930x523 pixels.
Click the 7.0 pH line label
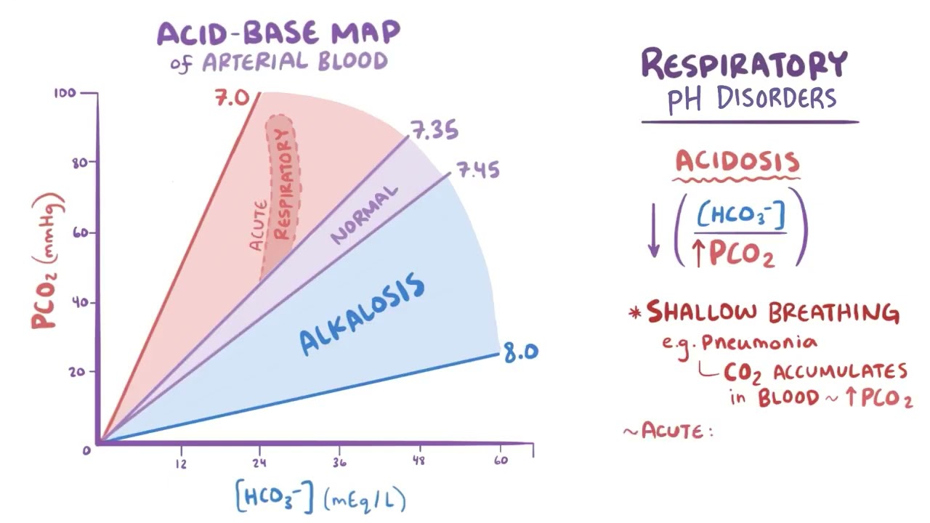coord(232,97)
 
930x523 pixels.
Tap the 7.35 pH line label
coord(434,131)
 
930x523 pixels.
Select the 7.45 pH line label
coord(477,171)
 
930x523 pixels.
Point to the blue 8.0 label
coord(520,353)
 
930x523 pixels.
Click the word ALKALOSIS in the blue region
coord(363,314)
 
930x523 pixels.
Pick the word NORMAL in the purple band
coord(365,215)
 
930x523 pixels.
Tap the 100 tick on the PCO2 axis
coord(65,94)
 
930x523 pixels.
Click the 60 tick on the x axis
coord(501,461)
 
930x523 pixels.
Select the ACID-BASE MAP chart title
coord(278,33)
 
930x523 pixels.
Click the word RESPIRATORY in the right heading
coord(744,64)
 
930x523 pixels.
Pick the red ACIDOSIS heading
coord(737,161)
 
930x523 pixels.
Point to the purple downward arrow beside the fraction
coord(653,230)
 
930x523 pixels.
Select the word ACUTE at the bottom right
coord(672,431)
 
